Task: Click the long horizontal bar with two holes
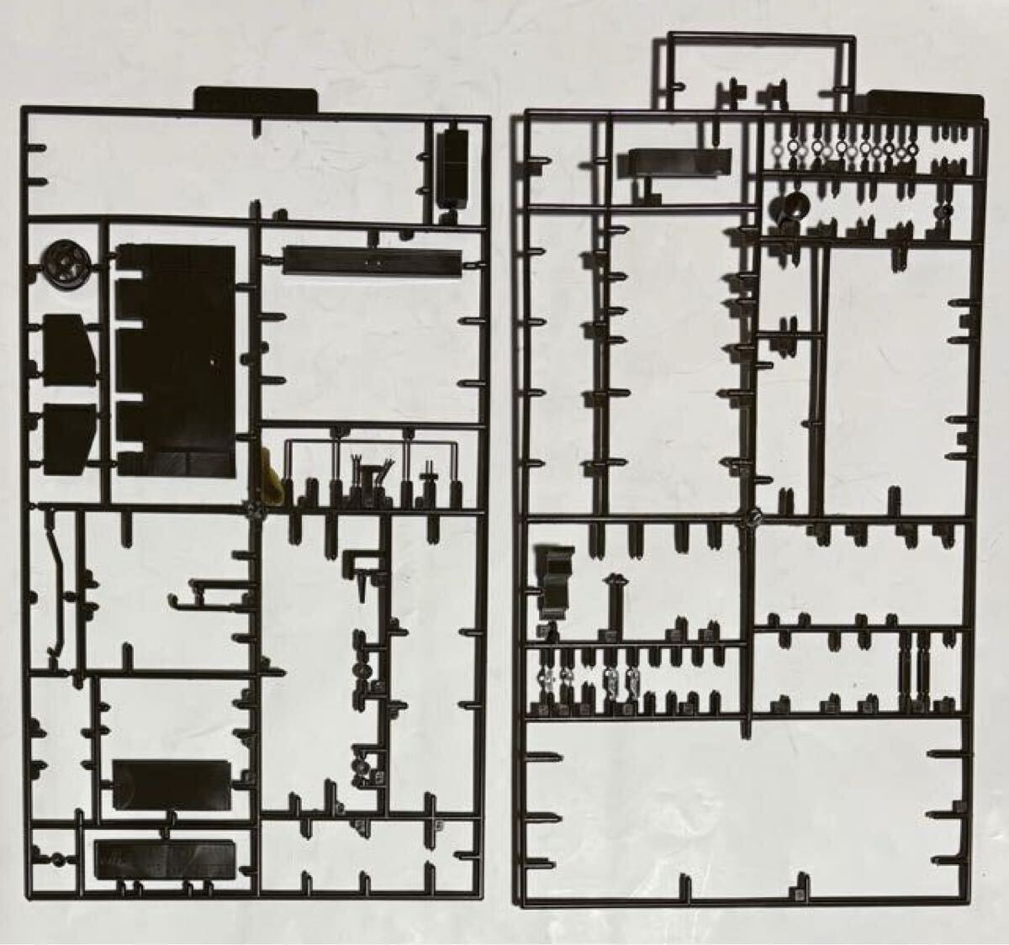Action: (x=371, y=260)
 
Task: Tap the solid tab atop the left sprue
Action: (x=257, y=100)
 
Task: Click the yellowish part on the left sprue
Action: (x=267, y=476)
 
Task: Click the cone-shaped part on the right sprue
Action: (x=790, y=207)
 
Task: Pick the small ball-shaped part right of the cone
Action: (x=948, y=210)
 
